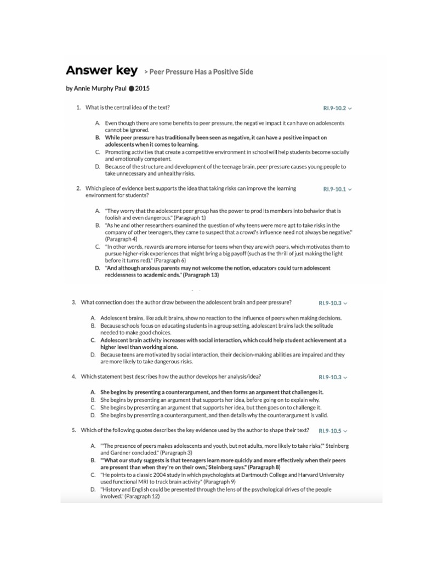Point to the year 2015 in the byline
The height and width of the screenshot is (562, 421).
point(143,88)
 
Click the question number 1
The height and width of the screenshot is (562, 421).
point(78,108)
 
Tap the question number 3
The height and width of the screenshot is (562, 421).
point(73,302)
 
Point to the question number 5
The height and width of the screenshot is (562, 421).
point(73,430)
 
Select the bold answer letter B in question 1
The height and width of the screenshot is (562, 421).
point(97,138)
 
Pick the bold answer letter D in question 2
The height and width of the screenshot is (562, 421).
point(97,268)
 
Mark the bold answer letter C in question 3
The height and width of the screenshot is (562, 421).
point(93,340)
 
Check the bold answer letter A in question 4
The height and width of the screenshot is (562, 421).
point(93,392)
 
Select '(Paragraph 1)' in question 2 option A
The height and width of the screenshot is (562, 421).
point(174,218)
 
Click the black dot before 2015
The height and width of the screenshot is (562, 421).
point(131,88)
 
